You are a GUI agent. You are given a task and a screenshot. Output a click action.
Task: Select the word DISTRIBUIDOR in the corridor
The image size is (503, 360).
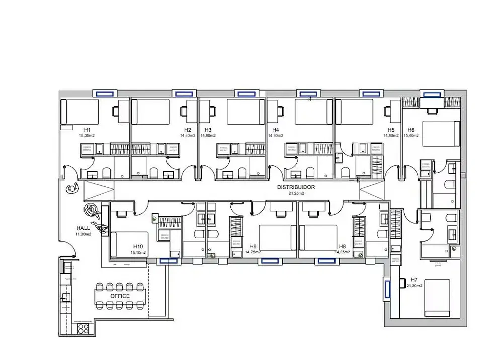click(296, 187)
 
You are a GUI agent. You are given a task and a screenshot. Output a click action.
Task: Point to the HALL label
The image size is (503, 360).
click(83, 228)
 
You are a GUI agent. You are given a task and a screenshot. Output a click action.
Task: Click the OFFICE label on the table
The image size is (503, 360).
click(120, 296)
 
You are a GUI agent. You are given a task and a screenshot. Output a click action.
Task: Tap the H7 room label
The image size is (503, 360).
click(414, 280)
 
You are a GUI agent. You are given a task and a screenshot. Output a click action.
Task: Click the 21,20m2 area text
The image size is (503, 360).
click(414, 286)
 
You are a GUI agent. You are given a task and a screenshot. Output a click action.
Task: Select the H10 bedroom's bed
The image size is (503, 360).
click(128, 244)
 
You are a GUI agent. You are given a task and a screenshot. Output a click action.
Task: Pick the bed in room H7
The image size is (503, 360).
click(437, 298)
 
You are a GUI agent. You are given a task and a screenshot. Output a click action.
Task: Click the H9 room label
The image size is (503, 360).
click(253, 246)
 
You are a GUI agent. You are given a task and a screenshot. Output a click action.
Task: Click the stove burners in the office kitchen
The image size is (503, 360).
click(83, 328)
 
